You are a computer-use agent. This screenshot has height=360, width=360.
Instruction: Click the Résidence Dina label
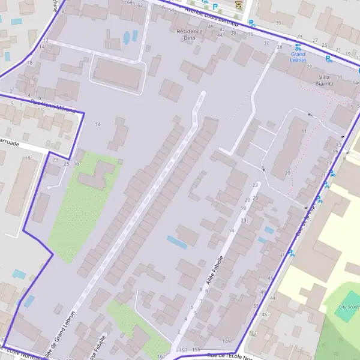(185, 34)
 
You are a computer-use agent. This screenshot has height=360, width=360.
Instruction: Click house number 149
(226, 341)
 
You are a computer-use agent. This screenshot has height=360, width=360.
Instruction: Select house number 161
(161, 356)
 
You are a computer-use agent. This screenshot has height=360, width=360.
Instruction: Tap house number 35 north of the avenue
(278, 23)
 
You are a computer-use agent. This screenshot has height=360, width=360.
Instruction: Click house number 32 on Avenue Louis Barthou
(266, 43)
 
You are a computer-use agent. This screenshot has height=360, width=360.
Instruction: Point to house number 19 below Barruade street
(28, 158)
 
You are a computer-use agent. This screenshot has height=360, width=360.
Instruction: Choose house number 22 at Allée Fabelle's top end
(256, 185)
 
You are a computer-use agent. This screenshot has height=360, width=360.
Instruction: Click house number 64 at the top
(130, 3)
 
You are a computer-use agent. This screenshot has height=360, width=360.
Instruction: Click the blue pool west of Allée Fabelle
(177, 242)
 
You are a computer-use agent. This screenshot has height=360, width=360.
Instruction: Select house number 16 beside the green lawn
(77, 163)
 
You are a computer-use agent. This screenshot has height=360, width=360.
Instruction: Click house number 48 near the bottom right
(254, 334)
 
